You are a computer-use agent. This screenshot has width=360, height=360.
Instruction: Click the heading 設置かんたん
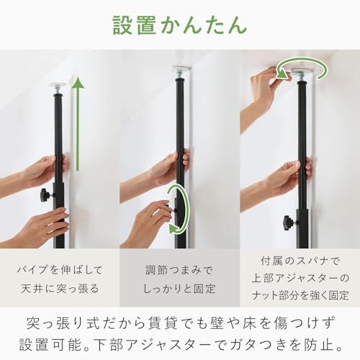[x=179, y=24]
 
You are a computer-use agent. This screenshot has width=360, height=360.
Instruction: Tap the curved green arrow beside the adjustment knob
[x=176, y=209]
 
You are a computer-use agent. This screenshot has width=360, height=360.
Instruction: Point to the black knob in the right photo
[x=289, y=221]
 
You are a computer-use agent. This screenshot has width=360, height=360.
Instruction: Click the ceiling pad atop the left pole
[x=56, y=85]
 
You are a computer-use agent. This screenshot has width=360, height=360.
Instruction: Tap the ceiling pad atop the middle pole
[x=180, y=71]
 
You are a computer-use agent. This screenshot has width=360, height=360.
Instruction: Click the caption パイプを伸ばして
[x=60, y=269]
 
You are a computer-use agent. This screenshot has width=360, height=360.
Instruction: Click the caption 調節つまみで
[x=180, y=269]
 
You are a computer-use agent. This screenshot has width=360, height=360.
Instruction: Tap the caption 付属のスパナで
[x=300, y=261]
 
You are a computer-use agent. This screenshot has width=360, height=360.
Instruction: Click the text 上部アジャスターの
[x=300, y=278]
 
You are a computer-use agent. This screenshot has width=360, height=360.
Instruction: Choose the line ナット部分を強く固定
[x=300, y=295]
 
